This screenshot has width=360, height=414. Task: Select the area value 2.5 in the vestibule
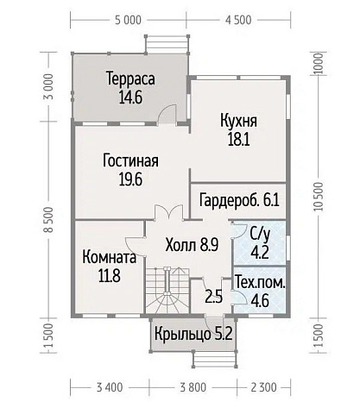pyautogui.click(x=213, y=298)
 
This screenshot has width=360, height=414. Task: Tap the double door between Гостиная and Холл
pyautogui.click(x=166, y=212)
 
